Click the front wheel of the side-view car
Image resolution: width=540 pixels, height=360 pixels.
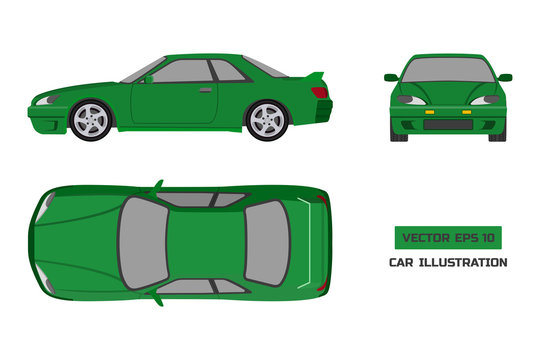(89, 119)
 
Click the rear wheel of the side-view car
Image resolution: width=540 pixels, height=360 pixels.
(266, 120)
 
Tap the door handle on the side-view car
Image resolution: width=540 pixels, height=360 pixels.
(204, 91)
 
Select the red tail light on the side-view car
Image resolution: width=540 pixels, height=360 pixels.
(319, 92)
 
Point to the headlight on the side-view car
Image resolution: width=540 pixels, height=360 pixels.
(46, 100)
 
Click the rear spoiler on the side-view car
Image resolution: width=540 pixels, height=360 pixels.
(316, 76)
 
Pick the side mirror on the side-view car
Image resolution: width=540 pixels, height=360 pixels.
(148, 78)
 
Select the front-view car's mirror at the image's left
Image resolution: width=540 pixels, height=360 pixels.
(391, 77)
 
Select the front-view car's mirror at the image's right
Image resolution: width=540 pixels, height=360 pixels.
(505, 77)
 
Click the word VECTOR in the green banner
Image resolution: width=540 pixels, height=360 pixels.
(423, 238)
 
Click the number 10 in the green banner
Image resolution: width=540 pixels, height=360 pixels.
(489, 238)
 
